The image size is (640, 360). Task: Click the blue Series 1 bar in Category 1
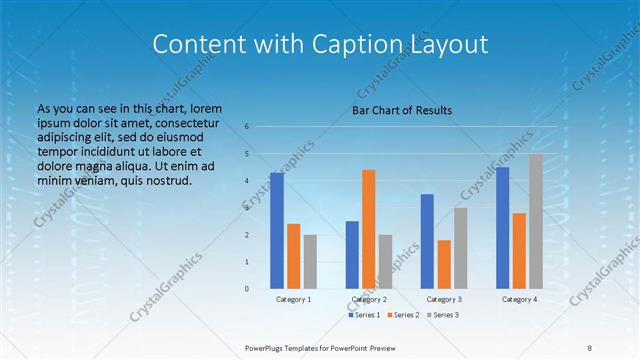pos(277,231)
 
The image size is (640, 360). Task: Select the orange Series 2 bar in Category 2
pos(368,229)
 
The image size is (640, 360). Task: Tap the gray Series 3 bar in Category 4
pos(536,221)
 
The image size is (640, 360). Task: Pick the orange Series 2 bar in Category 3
pos(444,264)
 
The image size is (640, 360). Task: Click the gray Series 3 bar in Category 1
pos(310,261)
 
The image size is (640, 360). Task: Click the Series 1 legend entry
pos(364,315)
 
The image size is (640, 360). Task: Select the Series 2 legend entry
pos(405,315)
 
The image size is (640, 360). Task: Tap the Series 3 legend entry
pos(444,315)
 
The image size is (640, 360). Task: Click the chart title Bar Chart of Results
pos(402,110)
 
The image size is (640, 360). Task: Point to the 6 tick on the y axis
pos(247,127)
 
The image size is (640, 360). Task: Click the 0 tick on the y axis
pos(247,289)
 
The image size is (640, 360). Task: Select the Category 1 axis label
pos(294,299)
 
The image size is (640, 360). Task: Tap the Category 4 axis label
pos(519,299)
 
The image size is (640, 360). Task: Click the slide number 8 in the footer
pos(590,347)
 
